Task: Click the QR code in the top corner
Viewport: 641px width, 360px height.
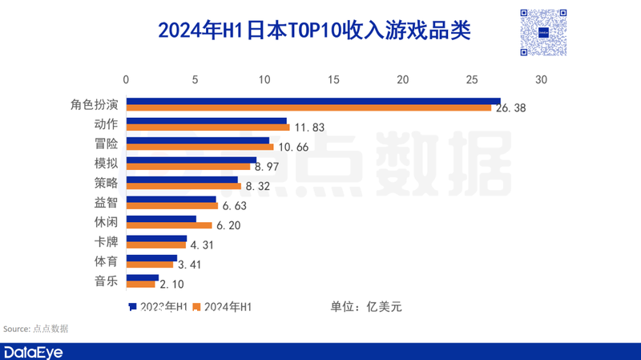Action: [x=542, y=32]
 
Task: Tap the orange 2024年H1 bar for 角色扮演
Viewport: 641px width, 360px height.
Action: [x=308, y=107]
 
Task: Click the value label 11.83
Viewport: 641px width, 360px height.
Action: [x=309, y=127]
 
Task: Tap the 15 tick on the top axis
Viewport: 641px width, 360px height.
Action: [x=334, y=80]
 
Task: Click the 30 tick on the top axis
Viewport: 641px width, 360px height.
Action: [x=542, y=80]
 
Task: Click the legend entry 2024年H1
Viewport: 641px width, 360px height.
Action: [x=228, y=306]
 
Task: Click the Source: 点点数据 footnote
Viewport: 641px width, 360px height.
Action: [x=35, y=329]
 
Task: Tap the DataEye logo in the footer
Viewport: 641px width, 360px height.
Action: [x=33, y=352]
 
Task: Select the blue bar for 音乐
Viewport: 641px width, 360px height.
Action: [x=143, y=278]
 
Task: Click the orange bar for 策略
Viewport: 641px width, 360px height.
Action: [x=183, y=186]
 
